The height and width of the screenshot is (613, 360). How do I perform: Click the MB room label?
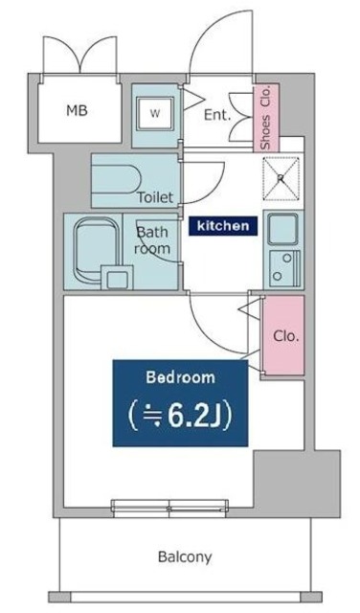[77, 110]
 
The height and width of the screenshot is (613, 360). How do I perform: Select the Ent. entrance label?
[217, 114]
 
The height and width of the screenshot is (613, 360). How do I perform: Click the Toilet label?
[154, 198]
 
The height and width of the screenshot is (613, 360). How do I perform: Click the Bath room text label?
[152, 240]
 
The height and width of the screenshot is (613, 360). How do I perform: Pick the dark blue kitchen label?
[222, 226]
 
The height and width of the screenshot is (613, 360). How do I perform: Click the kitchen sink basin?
[282, 229]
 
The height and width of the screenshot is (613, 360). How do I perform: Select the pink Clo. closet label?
[284, 336]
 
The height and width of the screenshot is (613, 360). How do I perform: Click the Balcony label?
[185, 556]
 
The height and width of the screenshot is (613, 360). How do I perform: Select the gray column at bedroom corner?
[296, 484]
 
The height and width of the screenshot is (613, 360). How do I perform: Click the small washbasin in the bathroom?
[118, 280]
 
